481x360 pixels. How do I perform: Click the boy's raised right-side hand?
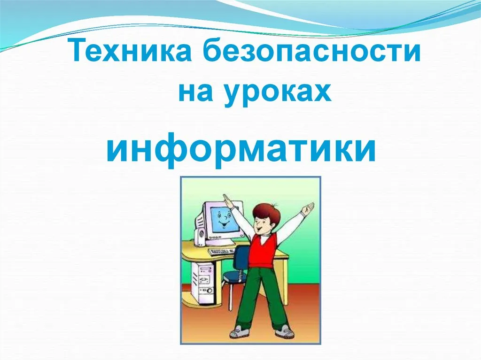click(307, 208)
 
